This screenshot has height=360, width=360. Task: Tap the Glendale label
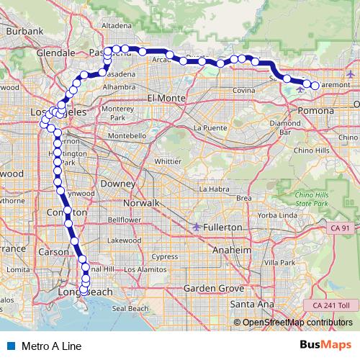[x=55, y=53]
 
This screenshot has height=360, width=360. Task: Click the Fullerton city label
[x=222, y=227]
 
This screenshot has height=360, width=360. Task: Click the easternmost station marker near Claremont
[x=315, y=86]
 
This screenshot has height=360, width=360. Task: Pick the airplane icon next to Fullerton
[x=197, y=227]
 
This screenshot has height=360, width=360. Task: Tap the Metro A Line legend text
[x=52, y=346]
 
